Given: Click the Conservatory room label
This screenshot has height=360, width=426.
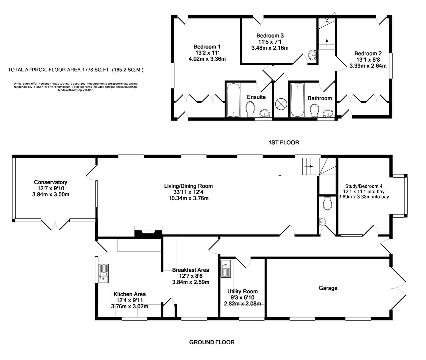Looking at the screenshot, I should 50,182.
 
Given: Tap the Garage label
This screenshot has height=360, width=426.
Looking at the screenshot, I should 328,288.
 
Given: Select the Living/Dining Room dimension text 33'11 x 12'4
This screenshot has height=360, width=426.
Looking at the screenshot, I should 188,192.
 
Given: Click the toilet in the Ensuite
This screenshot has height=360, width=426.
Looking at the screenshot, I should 250,109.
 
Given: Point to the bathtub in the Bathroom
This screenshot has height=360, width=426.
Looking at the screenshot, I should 297,100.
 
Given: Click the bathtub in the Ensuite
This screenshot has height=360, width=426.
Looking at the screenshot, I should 233,100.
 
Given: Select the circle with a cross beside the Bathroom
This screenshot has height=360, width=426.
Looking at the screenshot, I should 281,104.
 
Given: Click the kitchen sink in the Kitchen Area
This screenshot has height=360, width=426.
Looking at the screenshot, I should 104,273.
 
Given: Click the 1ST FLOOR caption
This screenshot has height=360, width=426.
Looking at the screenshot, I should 284,143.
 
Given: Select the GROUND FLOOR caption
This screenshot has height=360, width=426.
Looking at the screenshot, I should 212,342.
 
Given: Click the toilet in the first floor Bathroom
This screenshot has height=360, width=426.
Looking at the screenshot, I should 314,110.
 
